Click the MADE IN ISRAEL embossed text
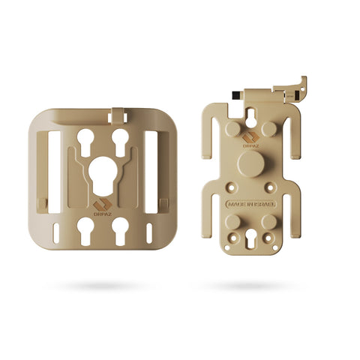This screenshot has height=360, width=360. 251,203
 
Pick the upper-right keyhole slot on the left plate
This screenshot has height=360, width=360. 120,138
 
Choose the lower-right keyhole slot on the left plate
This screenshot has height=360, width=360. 120,227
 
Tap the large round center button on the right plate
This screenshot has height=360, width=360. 251,164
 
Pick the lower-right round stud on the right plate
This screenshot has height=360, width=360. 268,222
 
